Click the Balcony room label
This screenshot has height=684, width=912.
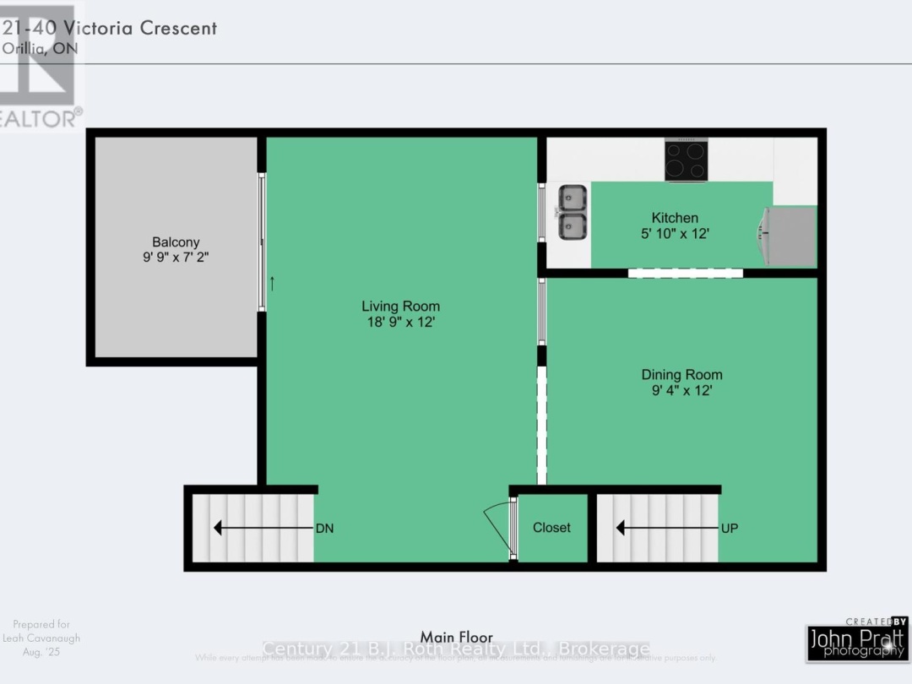(x=176, y=242)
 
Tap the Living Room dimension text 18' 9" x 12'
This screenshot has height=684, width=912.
(x=400, y=322)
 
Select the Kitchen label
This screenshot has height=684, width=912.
(x=675, y=218)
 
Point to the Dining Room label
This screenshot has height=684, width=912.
(x=681, y=375)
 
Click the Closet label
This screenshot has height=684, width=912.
(x=551, y=528)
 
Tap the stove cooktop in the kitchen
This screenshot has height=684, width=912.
(x=686, y=160)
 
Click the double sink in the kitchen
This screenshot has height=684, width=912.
(x=573, y=212)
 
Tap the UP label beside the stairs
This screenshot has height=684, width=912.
(x=730, y=529)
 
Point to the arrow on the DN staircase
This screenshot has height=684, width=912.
(x=262, y=528)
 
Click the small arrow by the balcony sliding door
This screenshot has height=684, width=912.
(x=272, y=284)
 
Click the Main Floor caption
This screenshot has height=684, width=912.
(x=456, y=637)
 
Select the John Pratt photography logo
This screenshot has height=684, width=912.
(x=856, y=640)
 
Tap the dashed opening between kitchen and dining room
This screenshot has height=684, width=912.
(x=685, y=273)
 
